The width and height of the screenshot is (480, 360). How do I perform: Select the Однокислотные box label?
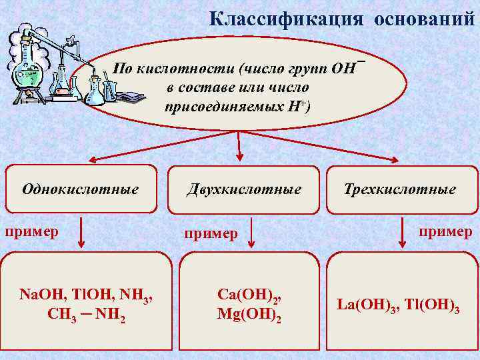pyautogui.click(x=80, y=189)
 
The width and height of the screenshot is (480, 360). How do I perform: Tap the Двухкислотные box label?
pyautogui.click(x=243, y=189)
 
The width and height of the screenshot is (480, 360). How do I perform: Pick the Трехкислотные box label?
pyautogui.click(x=400, y=189)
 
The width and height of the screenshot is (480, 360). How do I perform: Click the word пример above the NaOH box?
pyautogui.click(x=31, y=232)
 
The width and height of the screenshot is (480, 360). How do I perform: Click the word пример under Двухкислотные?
pyautogui.click(x=211, y=234)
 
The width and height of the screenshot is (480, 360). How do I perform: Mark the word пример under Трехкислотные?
pyautogui.click(x=445, y=231)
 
